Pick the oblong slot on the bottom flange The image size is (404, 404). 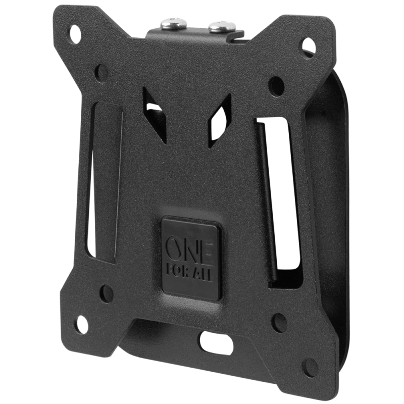pyautogui.click(x=216, y=342)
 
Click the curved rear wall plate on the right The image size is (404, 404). pyautogui.click(x=331, y=202)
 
